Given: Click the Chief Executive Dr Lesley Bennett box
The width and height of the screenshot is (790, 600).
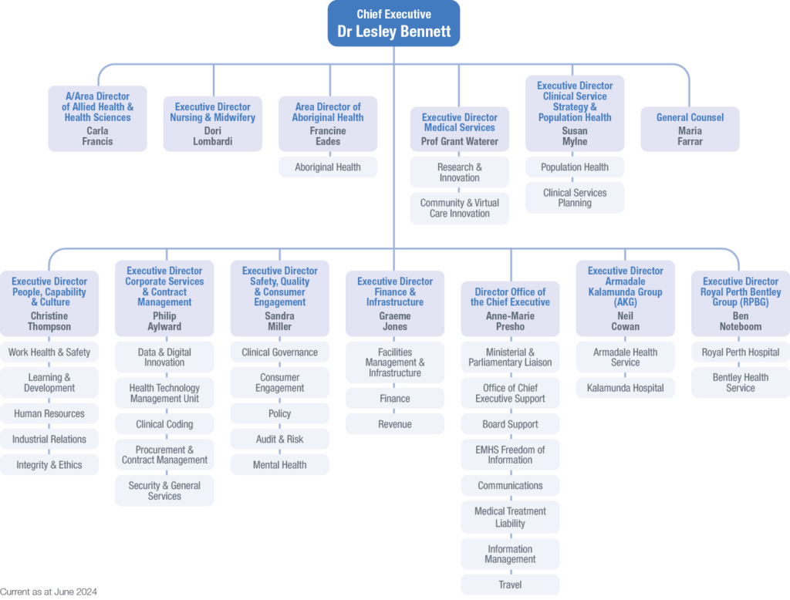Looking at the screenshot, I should [x=394, y=24].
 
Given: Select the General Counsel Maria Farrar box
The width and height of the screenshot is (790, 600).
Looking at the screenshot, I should [x=690, y=129].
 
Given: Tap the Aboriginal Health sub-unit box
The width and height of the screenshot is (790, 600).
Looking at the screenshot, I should [x=328, y=167].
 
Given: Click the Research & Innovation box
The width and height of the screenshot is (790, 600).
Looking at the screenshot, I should [x=459, y=172].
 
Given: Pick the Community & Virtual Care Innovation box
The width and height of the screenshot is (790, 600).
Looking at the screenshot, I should [x=459, y=208].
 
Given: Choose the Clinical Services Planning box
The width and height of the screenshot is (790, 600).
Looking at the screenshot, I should [x=575, y=198].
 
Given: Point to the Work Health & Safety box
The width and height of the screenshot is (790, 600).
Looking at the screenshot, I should [x=49, y=352].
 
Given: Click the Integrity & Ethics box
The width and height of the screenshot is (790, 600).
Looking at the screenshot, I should [x=49, y=465].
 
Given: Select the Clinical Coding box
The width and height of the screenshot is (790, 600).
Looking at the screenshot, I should [x=164, y=424].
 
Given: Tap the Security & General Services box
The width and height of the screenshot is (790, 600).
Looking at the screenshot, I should [x=164, y=490].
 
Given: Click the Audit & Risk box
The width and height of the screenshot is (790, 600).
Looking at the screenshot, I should [x=279, y=439].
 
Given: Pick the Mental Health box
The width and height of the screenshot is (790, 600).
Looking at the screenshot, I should [x=279, y=465].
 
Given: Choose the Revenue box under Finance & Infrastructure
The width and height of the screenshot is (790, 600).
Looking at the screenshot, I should [x=394, y=424].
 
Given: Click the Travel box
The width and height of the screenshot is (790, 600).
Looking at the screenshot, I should [x=510, y=585].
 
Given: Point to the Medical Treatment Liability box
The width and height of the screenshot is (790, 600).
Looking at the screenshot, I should [x=510, y=517].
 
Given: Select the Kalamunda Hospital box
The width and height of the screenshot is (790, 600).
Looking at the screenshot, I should [x=625, y=388].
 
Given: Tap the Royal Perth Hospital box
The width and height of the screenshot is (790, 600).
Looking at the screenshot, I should [x=740, y=352].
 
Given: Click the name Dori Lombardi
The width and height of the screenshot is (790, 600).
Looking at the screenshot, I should [x=212, y=137].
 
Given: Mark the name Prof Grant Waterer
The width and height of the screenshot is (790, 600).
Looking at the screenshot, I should [x=459, y=142].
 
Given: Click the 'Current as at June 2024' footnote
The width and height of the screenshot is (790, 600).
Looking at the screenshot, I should [x=49, y=592].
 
